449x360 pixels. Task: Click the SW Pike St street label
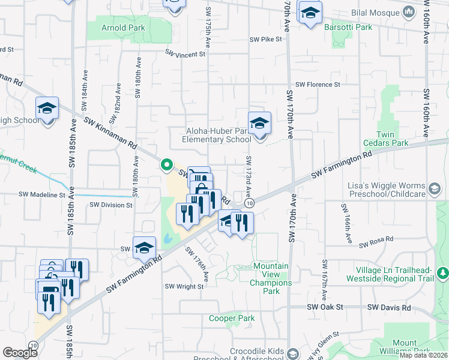266,40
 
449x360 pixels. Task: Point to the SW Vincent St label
186,53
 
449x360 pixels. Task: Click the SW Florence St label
318,85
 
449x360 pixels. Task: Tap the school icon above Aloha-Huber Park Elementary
259,124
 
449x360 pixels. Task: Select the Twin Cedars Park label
385,139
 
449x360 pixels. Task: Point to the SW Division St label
111,205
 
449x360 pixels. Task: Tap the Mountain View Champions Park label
271,278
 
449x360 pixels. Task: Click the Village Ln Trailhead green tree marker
442,273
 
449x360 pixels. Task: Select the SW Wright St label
185,287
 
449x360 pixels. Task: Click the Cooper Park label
232,318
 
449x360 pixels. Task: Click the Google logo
20,353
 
